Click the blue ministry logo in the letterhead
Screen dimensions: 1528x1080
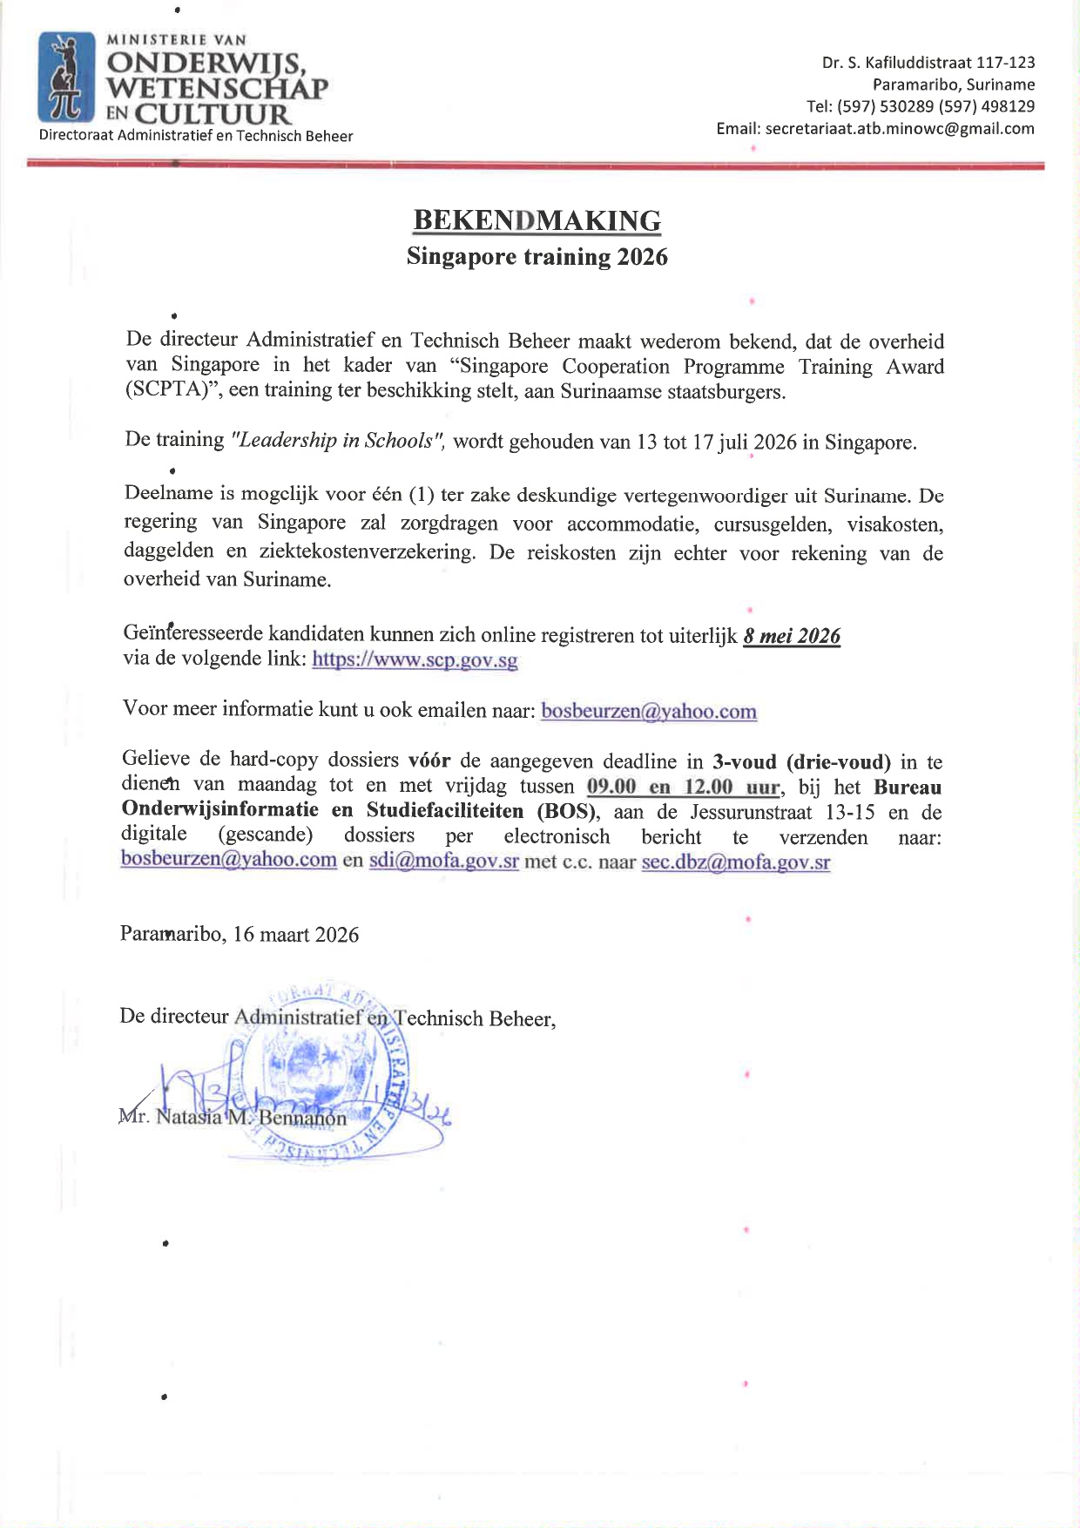click(66, 78)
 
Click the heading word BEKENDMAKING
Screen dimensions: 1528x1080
click(537, 220)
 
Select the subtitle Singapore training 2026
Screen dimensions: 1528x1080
click(537, 257)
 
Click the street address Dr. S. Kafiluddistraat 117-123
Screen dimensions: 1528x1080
click(928, 63)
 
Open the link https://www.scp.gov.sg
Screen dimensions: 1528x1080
click(415, 659)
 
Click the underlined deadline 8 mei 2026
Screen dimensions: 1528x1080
click(792, 636)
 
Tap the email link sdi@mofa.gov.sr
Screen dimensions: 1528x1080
click(443, 862)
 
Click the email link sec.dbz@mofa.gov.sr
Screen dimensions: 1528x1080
click(735, 862)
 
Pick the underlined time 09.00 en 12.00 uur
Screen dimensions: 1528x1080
click(683, 787)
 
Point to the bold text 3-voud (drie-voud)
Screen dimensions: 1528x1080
click(801, 762)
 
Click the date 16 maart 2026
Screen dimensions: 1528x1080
click(296, 935)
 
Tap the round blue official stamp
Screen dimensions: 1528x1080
click(322, 1076)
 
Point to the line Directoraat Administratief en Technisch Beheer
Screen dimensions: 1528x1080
click(196, 136)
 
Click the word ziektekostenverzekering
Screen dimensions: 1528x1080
click(367, 551)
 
